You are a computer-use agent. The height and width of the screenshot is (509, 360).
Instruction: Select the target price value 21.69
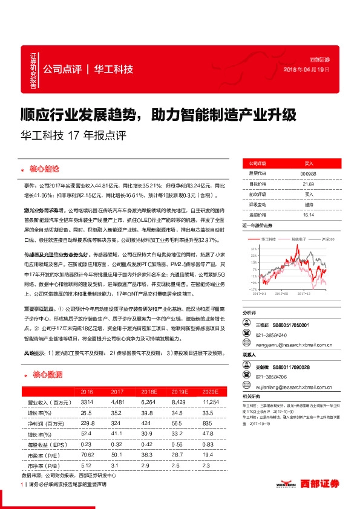point(309,184)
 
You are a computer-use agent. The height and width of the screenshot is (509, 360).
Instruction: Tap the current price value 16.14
point(309,215)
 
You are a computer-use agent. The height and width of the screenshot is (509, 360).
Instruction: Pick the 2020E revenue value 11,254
point(210,401)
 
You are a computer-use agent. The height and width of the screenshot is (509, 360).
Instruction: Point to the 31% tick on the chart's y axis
point(247,248)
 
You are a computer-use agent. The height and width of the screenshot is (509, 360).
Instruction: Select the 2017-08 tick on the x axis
point(283,294)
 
